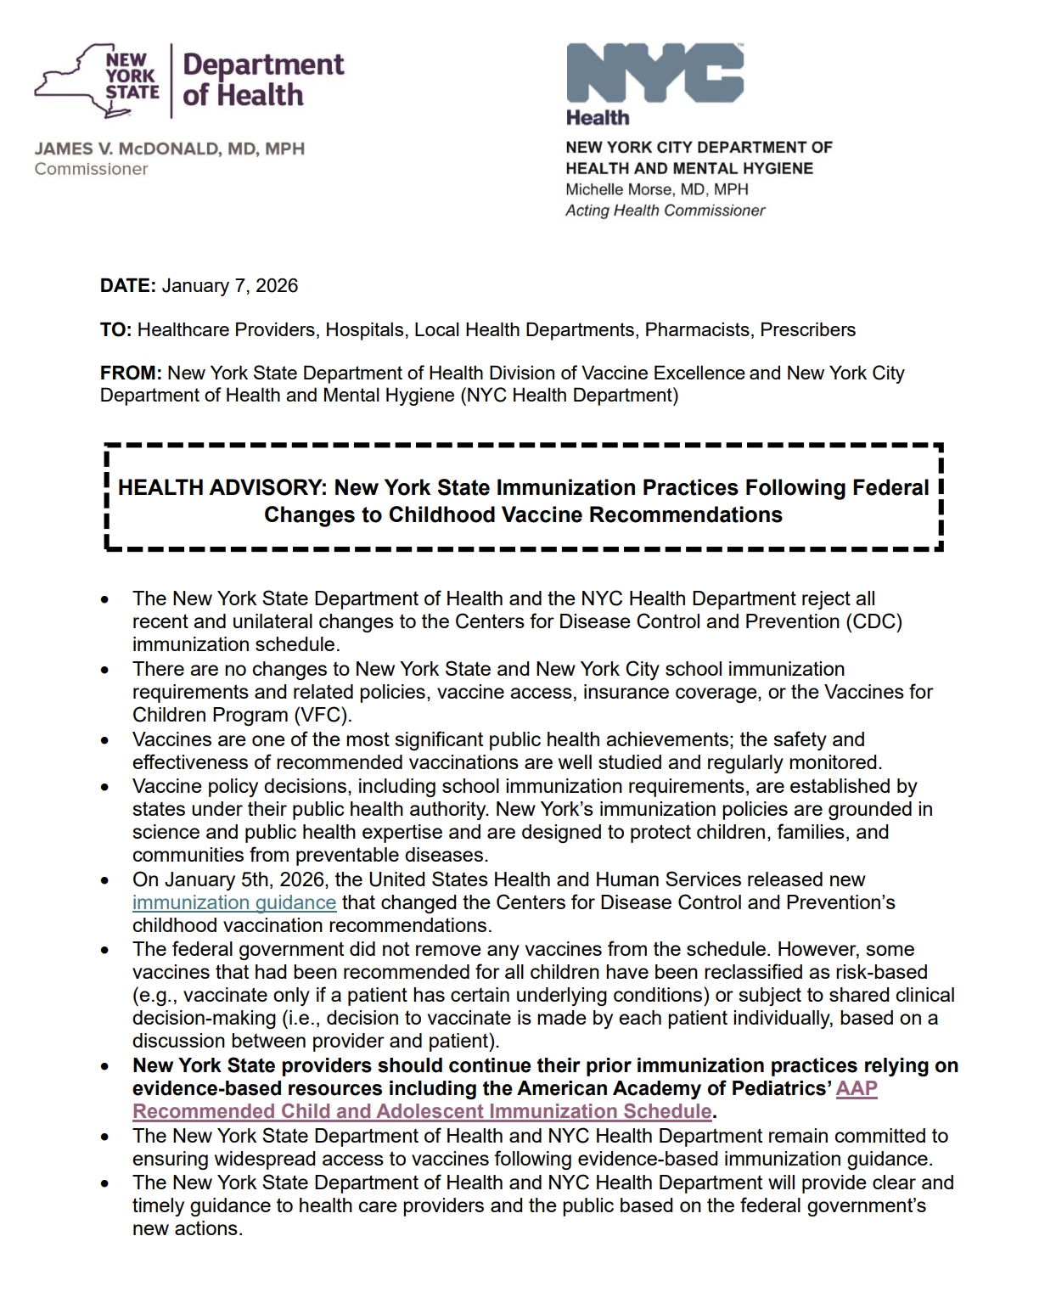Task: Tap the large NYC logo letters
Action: [654, 73]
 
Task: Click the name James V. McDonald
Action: [169, 149]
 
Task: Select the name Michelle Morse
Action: [657, 189]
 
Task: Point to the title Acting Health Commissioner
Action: [665, 211]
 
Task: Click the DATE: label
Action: [128, 286]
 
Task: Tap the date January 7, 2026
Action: [230, 286]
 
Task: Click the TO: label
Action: [115, 330]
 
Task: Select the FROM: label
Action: [131, 374]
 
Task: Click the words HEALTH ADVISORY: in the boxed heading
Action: [222, 488]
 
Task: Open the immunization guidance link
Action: [234, 902]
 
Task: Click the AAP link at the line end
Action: [857, 1089]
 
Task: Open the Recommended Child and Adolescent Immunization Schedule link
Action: [422, 1112]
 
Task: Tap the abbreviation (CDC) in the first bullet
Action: [873, 621]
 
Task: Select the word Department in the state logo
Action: [263, 65]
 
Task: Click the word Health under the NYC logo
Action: [598, 117]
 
